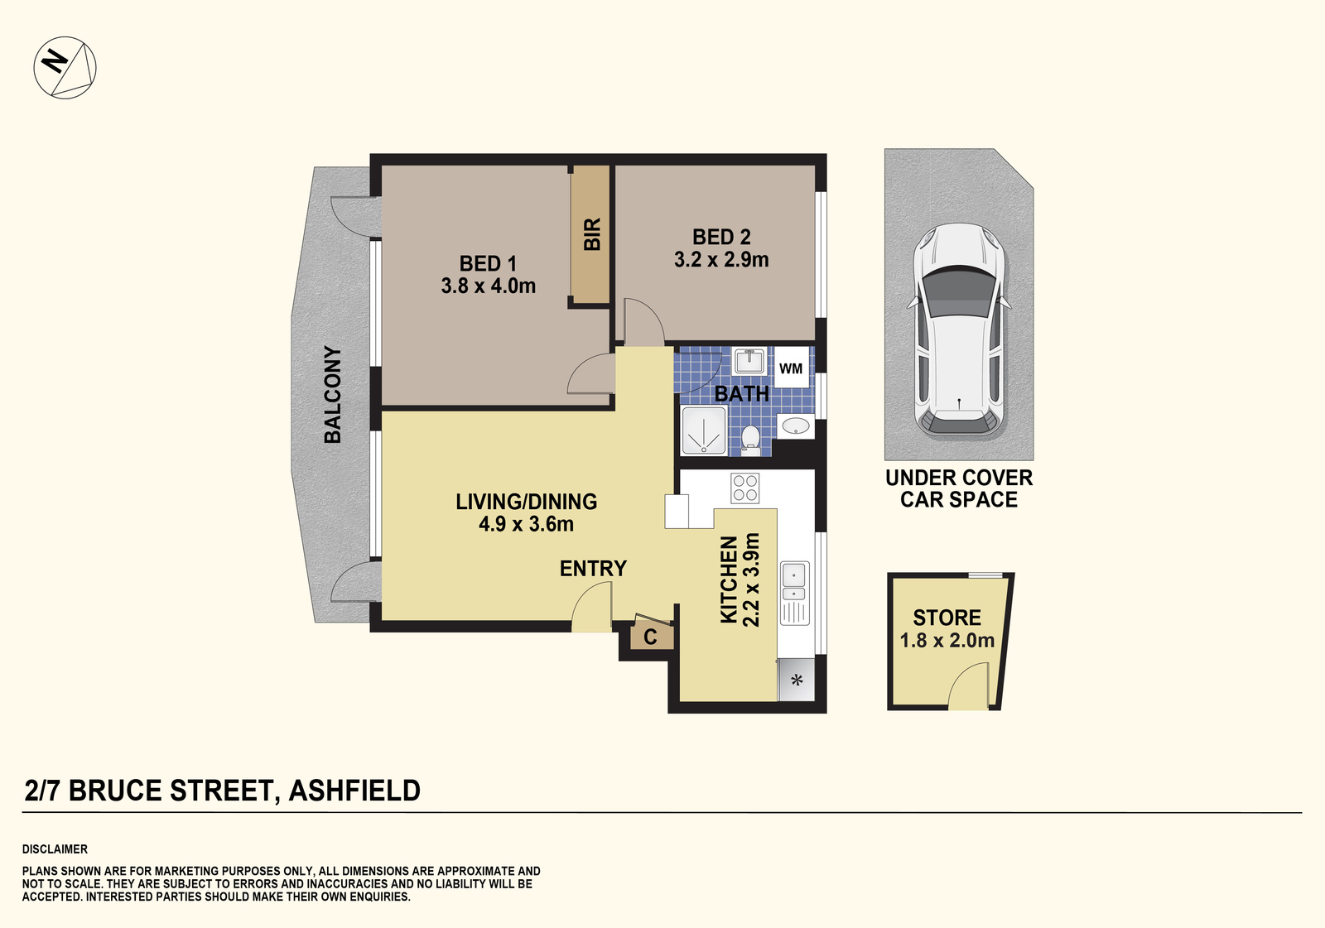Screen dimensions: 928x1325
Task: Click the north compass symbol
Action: [x=65, y=67]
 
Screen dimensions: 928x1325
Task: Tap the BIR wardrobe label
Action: [x=591, y=234]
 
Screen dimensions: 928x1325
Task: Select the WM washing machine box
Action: [x=791, y=368]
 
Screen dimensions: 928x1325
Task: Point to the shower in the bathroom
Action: [x=704, y=430]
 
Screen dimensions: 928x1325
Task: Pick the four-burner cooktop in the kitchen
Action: [x=744, y=488]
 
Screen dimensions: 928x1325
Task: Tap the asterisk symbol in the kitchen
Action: [x=797, y=681]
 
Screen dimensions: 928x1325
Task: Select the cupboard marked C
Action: [x=651, y=637]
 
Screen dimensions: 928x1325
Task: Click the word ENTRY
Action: [x=593, y=569]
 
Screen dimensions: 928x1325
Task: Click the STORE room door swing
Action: [x=969, y=689]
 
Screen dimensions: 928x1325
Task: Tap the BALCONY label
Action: [x=333, y=394]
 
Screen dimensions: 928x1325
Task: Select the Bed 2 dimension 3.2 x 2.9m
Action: [x=721, y=260]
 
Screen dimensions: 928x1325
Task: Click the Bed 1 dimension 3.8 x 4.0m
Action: [x=488, y=286]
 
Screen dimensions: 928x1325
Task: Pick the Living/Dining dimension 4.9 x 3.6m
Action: [x=526, y=524]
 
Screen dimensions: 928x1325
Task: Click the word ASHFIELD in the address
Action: [x=354, y=791]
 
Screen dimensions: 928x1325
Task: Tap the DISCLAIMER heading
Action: [x=55, y=849]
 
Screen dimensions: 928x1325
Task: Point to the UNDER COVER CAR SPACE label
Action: [x=959, y=488]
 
